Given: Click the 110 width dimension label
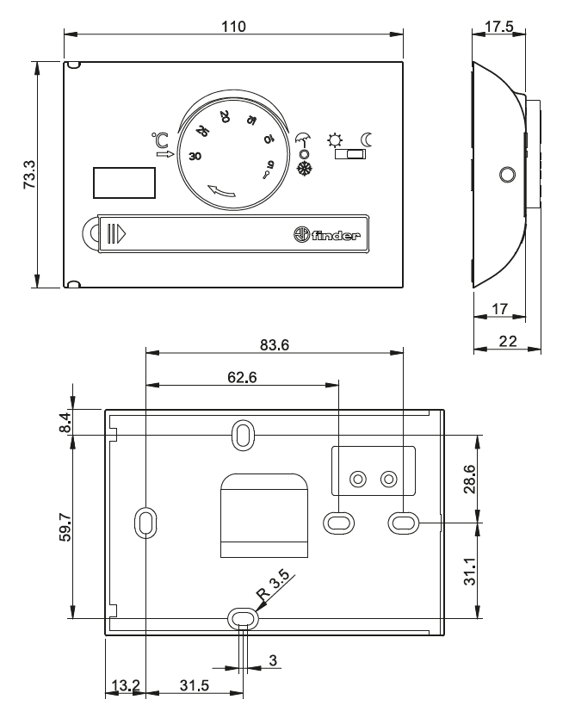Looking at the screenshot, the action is pyautogui.click(x=233, y=27).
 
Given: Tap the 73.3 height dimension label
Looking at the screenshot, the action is pyautogui.click(x=29, y=175).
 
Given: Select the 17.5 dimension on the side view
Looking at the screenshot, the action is pyautogui.click(x=499, y=27).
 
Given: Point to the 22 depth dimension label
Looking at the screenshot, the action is pyautogui.click(x=508, y=341).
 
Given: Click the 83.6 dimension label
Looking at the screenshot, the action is pyautogui.click(x=275, y=345).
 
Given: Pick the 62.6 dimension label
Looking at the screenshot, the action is pyautogui.click(x=242, y=377).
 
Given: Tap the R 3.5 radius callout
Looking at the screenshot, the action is pyautogui.click(x=273, y=585).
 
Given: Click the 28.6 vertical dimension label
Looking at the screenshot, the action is pyautogui.click(x=470, y=479).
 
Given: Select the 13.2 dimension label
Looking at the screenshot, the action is pyautogui.click(x=126, y=685).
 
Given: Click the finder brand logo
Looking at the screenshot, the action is pyautogui.click(x=327, y=234).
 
